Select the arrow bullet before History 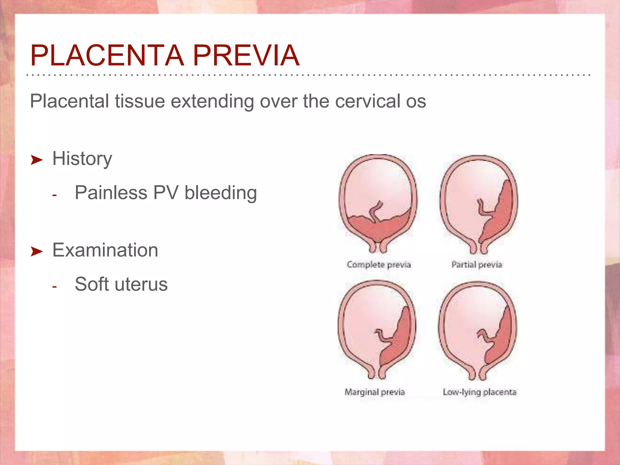[37, 160]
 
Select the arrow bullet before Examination [37, 251]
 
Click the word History [82, 159]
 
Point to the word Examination [105, 250]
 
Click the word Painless [111, 193]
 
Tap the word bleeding [221, 193]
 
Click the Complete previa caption [378, 265]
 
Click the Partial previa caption [477, 265]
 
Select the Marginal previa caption [374, 392]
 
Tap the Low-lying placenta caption [480, 392]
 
